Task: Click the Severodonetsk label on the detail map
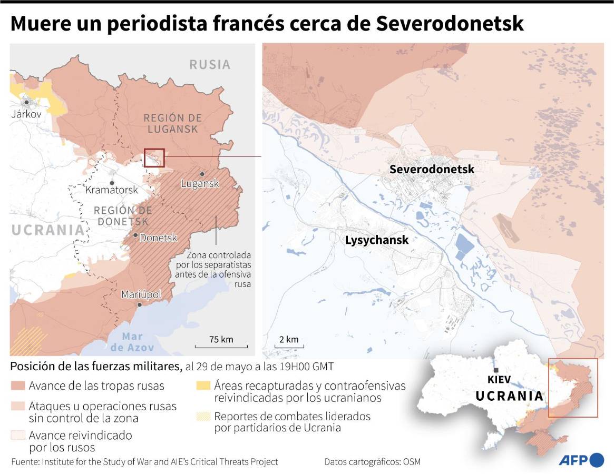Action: coord(432,169)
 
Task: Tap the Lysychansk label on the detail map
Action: coord(376,240)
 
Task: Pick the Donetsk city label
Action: coord(158,238)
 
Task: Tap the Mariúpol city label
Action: coord(141,294)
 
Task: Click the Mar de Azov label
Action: coord(132,342)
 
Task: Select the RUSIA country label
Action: coord(210,64)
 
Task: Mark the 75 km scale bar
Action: coord(221,345)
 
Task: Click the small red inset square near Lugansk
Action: coord(154,157)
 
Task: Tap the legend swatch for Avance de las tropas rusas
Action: coord(17,386)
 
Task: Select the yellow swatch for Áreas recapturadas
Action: coord(203,386)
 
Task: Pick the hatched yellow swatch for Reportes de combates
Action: coord(203,416)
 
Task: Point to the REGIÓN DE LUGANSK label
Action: coord(172,123)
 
